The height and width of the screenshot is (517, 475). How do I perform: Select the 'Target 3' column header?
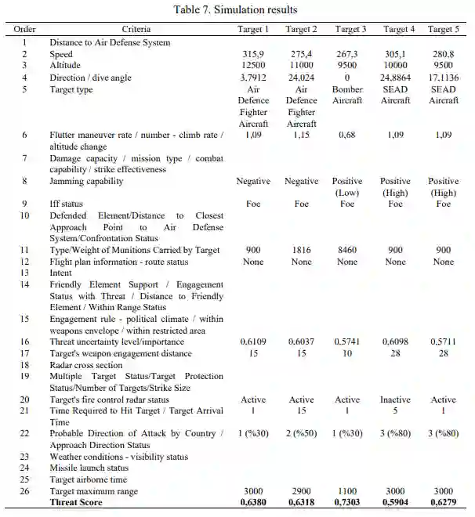347,30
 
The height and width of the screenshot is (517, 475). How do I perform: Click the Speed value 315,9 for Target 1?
252,55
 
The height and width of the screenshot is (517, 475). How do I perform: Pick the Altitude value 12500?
252,67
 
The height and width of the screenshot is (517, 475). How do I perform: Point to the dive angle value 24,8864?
396,78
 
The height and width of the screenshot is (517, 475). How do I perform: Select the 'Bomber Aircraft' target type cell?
347,96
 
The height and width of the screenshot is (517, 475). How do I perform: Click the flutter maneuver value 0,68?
347,136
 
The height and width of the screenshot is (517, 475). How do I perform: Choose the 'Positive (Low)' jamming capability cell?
347,186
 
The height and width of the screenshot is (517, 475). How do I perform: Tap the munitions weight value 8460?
347,250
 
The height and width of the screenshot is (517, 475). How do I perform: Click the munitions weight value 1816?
301,250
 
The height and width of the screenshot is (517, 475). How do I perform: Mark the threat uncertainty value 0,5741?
347,342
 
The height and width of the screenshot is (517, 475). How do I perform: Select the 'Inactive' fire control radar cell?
396,399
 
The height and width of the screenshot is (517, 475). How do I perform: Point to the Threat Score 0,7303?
347,503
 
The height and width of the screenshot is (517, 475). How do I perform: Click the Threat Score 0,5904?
396,503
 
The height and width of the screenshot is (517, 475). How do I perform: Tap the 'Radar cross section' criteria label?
86,365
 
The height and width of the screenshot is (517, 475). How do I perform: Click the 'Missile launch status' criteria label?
90,468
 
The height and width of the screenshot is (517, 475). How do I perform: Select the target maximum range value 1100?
347,491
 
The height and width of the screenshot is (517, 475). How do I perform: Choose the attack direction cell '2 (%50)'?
301,434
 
